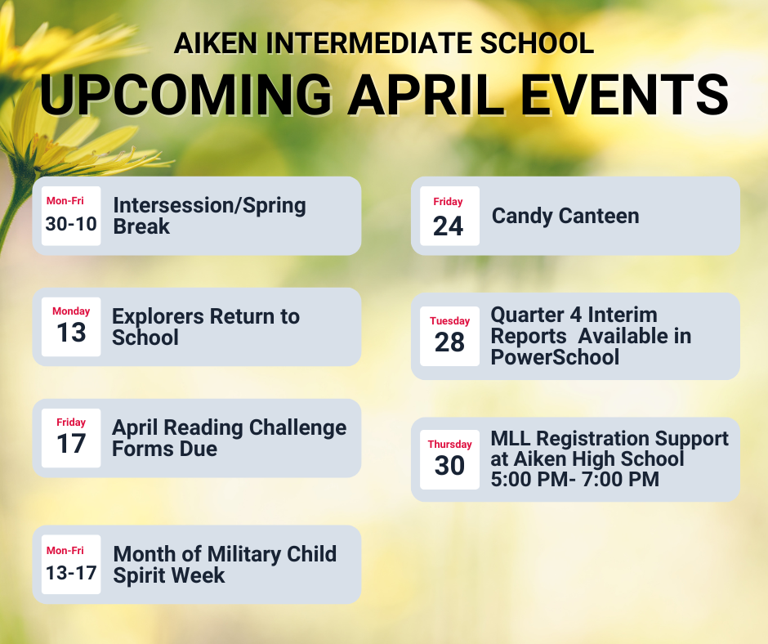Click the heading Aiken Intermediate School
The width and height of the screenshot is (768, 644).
(x=384, y=43)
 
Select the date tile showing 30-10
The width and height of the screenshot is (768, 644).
(x=71, y=216)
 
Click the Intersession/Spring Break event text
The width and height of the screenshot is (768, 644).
(x=209, y=216)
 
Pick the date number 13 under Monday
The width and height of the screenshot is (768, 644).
(x=71, y=333)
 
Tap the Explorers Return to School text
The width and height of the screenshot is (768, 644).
(x=206, y=327)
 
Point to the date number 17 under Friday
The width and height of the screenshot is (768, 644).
(x=71, y=444)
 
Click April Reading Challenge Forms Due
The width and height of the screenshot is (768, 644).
(x=229, y=438)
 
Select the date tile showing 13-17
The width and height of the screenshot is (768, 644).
(x=71, y=565)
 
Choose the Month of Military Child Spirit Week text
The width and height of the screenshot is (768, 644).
(x=225, y=565)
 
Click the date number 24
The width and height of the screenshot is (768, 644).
(x=449, y=226)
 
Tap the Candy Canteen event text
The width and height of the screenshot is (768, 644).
(x=565, y=216)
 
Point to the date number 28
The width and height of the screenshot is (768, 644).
(x=449, y=342)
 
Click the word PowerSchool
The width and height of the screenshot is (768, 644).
(x=555, y=357)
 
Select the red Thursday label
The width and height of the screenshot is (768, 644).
(x=449, y=445)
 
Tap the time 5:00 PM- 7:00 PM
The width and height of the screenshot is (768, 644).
(x=574, y=480)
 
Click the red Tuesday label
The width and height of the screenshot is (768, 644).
(x=449, y=321)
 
